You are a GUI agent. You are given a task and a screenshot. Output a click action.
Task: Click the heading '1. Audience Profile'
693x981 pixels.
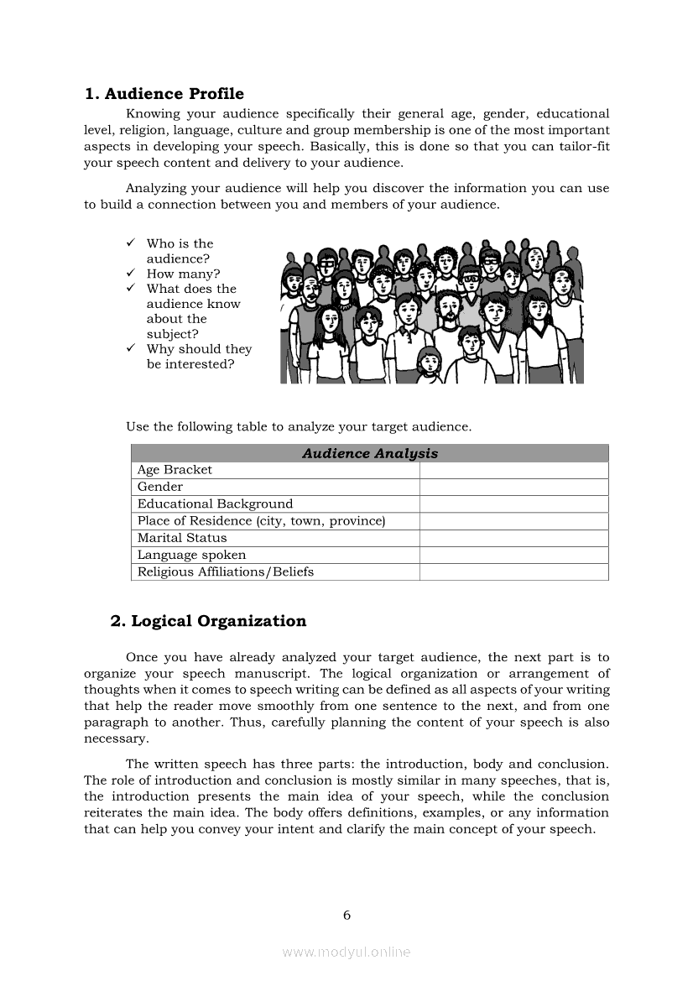(x=164, y=93)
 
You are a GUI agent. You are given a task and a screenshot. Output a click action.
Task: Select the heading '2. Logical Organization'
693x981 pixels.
(x=208, y=621)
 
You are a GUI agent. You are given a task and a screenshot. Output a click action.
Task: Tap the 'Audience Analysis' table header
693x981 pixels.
(x=370, y=453)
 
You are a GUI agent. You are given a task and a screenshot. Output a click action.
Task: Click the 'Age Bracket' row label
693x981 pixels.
(x=175, y=470)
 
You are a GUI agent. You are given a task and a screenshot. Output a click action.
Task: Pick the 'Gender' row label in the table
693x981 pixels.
(x=160, y=487)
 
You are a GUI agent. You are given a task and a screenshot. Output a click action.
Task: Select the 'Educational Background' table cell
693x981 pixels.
(x=215, y=504)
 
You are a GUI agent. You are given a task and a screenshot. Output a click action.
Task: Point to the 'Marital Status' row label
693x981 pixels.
(x=182, y=538)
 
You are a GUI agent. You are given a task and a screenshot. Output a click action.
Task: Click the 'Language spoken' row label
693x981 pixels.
(x=191, y=555)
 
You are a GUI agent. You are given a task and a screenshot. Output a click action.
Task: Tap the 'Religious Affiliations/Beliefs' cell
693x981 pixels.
(x=226, y=571)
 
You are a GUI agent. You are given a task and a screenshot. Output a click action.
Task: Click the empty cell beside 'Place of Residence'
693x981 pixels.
(x=513, y=521)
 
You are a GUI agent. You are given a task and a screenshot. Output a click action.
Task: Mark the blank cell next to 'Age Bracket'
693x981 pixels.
(x=513, y=470)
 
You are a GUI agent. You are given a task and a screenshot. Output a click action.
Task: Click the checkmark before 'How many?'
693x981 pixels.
(x=132, y=274)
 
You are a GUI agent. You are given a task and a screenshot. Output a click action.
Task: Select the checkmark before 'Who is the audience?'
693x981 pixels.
(x=132, y=243)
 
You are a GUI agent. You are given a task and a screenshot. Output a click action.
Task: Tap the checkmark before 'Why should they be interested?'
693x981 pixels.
(x=132, y=348)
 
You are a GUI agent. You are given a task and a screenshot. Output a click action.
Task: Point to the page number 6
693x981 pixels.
(x=346, y=915)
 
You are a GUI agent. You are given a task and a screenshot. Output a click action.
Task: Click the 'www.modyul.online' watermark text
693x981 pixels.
(x=346, y=952)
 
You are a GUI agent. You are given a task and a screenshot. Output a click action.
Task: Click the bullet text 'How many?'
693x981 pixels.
(x=183, y=274)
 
